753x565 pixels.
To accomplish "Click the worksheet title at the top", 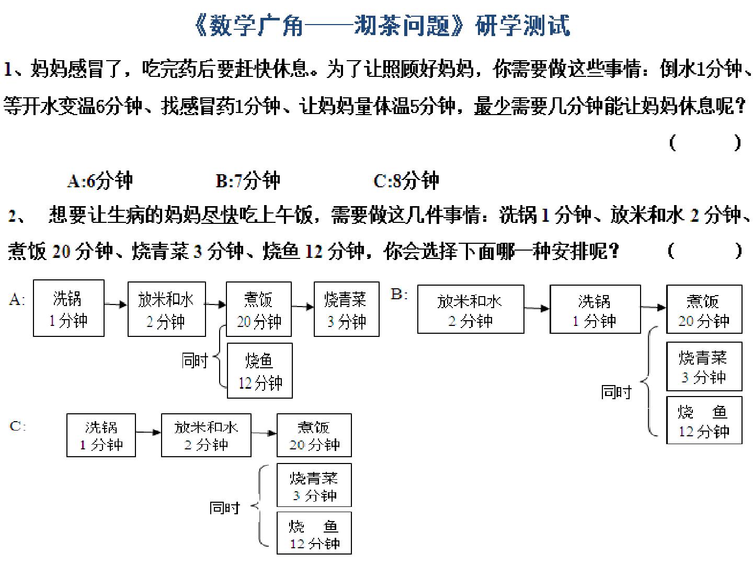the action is pos(382,25).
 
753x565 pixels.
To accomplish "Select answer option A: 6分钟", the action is pos(100,181).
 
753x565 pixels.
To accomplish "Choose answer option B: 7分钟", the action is pos(248,181).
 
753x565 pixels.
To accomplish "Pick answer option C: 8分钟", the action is pos(406,181).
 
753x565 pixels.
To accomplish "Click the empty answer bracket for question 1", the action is pos(705,143).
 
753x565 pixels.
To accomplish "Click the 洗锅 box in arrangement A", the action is pos(69,308).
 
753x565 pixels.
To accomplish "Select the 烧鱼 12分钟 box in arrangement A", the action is pos(260,370).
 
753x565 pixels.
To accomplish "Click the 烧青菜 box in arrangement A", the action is pos(347,309).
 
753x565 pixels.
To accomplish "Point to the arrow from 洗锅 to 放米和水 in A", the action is pos(116,304).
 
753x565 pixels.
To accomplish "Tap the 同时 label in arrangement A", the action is pos(195,361).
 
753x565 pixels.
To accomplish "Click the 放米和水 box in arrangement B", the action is pos(471,309).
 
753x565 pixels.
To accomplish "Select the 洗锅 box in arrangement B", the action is pos(595,309).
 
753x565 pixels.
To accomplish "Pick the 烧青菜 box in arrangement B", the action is pos(704,366).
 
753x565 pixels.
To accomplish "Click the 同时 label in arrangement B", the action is pos(616,392).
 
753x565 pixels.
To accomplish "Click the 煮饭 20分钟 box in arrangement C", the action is pos(314,435).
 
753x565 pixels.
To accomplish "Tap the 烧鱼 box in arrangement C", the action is pos(314,533).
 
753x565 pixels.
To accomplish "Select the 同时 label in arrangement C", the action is pos(225,508).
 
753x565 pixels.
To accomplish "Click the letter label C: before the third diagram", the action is pos(17,426).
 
